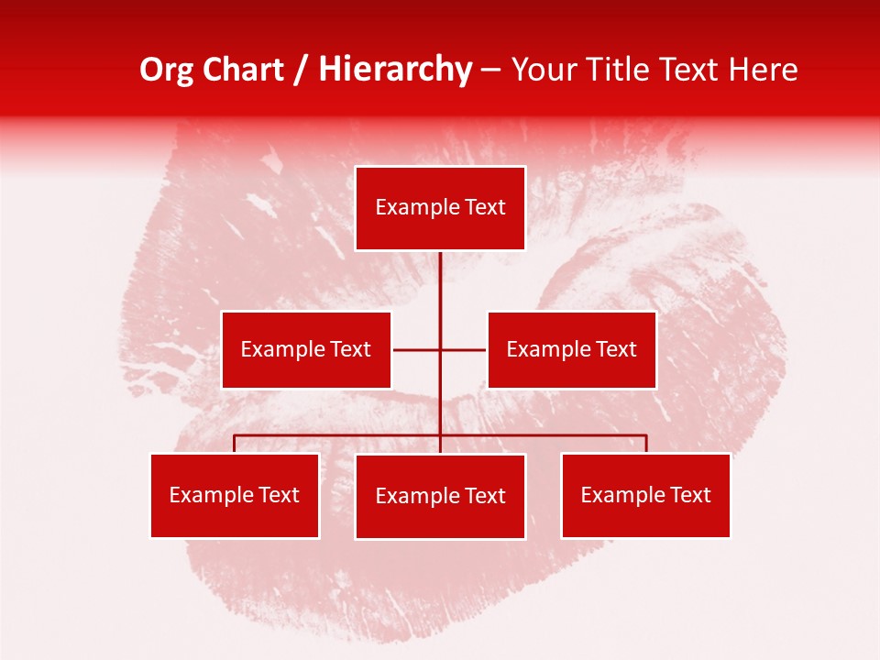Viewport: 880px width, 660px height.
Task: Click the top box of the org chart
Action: coord(440,208)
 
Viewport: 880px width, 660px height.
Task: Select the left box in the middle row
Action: coord(306,349)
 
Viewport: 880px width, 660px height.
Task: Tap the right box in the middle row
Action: coord(571,349)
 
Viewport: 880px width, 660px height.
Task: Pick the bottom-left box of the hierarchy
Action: coord(235,495)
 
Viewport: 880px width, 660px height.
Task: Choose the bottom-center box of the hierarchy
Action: coord(440,496)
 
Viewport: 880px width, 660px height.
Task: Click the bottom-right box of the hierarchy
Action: coord(645,495)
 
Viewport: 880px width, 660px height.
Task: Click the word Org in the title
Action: coord(165,70)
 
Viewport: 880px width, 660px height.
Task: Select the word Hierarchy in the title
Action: coord(395,70)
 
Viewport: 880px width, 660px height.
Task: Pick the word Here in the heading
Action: coord(763,70)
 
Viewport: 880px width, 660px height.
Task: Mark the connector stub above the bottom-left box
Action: coord(235,444)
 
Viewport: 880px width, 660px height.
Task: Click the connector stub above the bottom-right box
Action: coord(646,444)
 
